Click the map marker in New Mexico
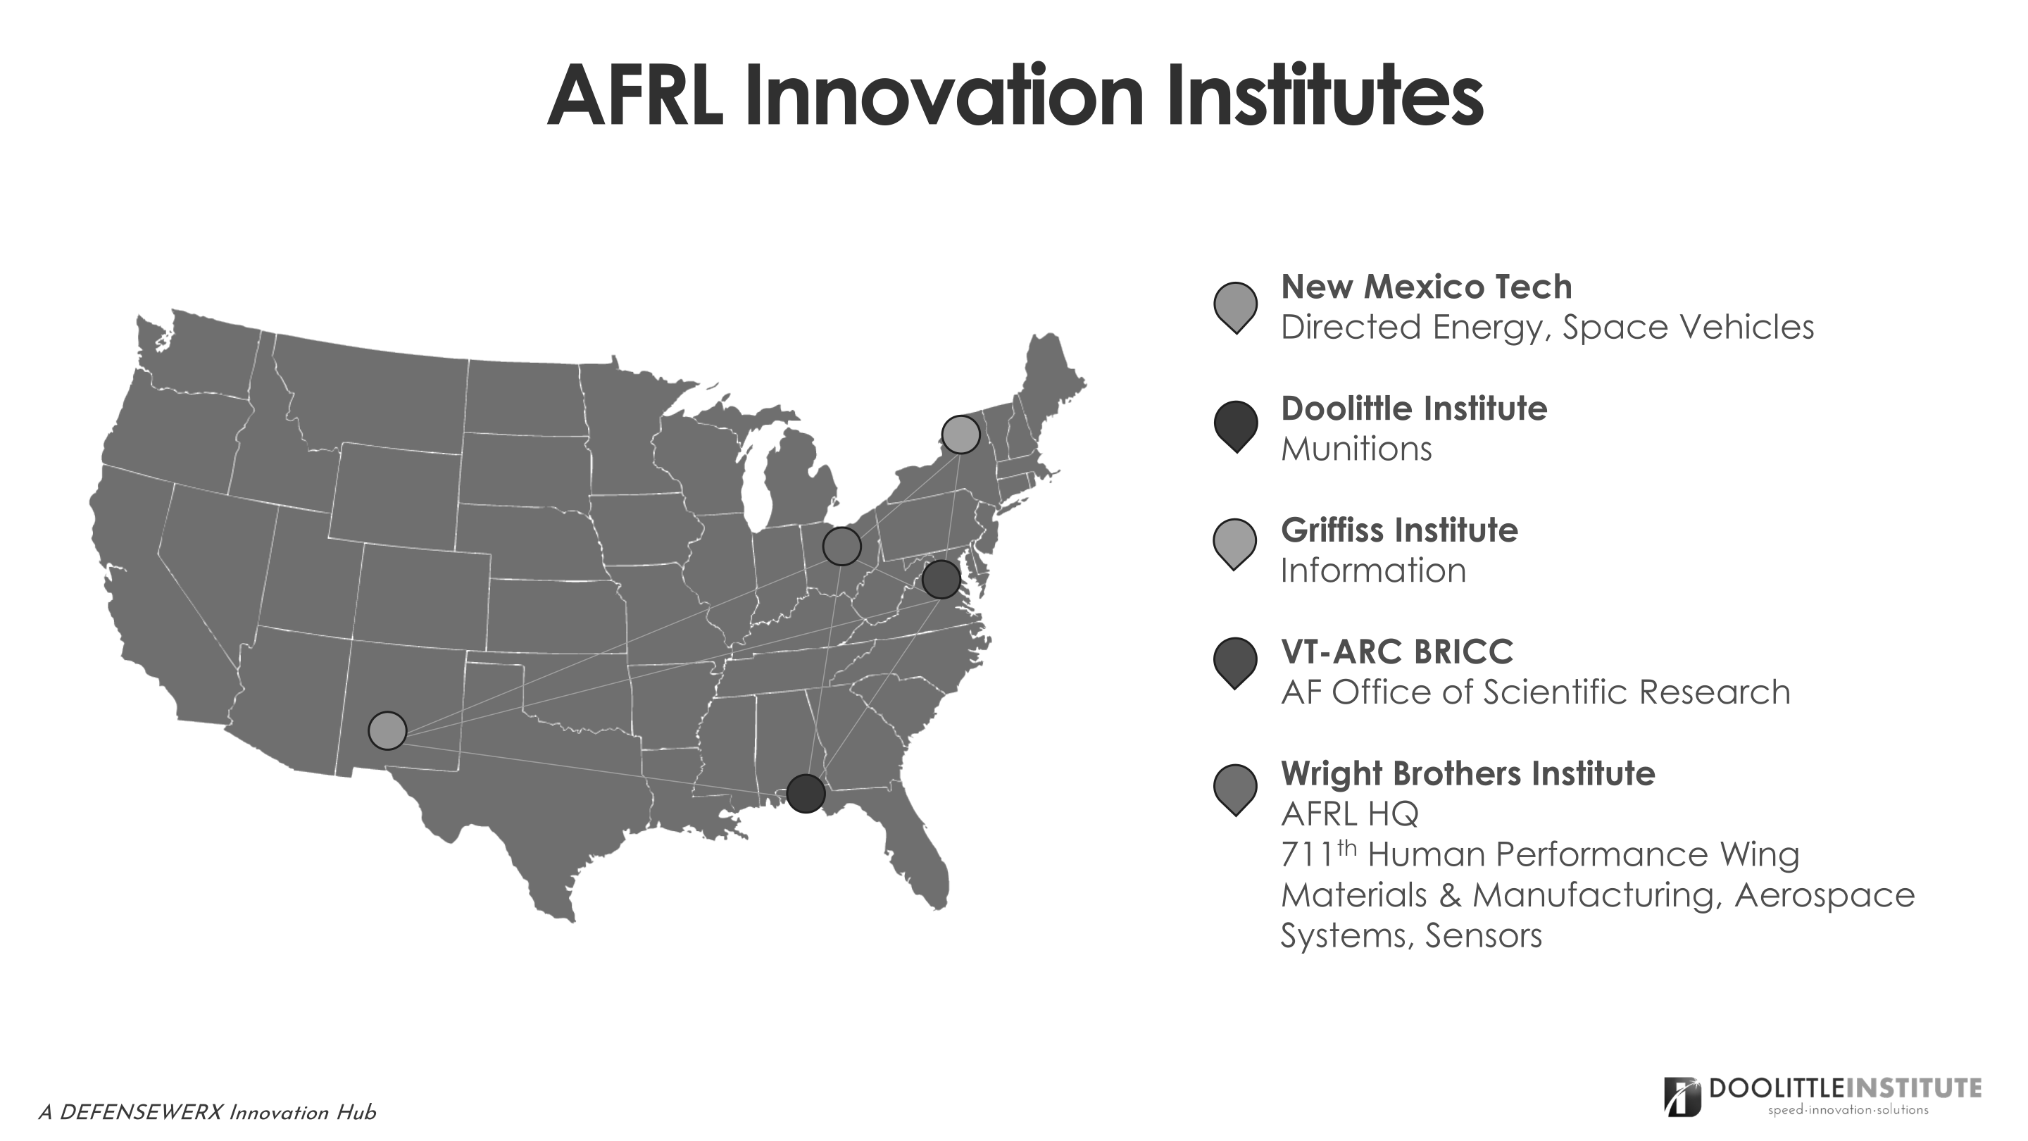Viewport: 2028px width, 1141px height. pos(387,731)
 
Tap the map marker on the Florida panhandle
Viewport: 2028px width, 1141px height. pos(806,793)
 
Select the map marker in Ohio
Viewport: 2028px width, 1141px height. pos(841,546)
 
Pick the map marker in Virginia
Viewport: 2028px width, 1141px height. pos(941,580)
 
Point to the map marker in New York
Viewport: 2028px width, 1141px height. pos(960,434)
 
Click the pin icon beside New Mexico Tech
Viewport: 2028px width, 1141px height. pos(1235,307)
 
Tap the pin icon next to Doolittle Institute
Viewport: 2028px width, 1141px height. pos(1235,427)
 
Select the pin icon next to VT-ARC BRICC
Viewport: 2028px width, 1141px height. pos(1235,663)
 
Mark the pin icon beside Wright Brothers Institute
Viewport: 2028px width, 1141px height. pos(1235,790)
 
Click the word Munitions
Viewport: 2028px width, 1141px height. pos(1356,449)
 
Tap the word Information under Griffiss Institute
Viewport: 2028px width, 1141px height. pos(1373,570)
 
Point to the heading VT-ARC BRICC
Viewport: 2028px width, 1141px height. pos(1396,652)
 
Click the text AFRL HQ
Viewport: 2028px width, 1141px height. pos(1349,813)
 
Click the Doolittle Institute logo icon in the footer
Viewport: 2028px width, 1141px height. pos(1682,1097)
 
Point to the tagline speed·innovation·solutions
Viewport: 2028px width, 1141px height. pos(1848,1110)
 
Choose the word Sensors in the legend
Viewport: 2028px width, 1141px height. pos(1483,935)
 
